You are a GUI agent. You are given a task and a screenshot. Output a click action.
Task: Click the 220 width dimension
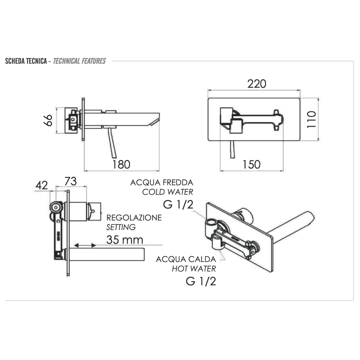coord(256,83)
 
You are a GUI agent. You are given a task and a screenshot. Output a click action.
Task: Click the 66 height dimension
coord(48,120)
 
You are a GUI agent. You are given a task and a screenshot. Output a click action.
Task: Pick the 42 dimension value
coord(41,185)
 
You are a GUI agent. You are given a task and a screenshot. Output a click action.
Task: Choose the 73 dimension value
coord(70,180)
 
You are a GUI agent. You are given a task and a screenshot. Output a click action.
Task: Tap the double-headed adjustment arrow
coord(84,245)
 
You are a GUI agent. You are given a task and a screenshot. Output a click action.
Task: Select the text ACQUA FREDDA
coord(161,182)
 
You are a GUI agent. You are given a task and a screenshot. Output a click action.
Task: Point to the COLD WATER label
coord(167,191)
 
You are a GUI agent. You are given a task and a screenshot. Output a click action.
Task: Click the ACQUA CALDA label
coord(186,259)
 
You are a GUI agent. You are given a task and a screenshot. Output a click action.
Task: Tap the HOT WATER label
coord(192,268)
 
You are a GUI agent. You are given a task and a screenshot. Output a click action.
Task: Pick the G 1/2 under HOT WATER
coord(200,281)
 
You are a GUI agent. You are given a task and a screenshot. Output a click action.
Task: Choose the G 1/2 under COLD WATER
coord(178,204)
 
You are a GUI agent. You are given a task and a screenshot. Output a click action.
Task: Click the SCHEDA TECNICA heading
coord(25,61)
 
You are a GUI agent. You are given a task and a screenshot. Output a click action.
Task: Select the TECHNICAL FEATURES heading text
coord(79,61)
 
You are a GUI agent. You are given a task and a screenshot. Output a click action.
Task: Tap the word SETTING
coord(118,226)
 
